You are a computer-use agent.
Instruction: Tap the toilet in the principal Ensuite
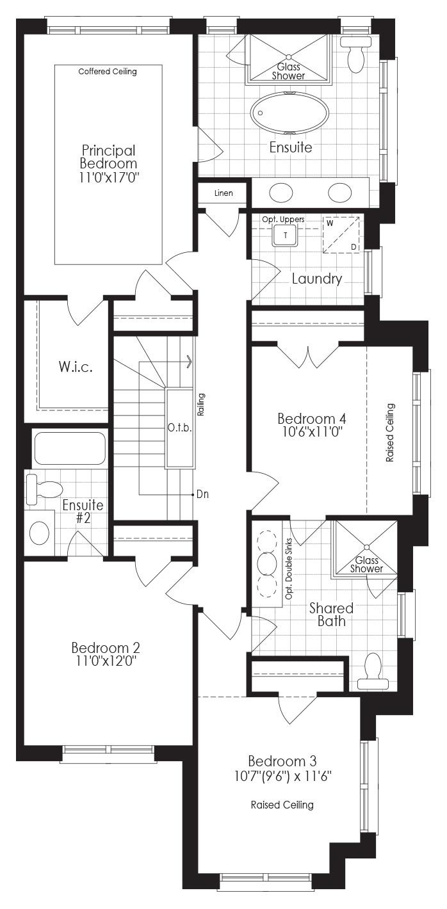tap(355, 54)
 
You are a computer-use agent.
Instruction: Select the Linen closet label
tap(224, 193)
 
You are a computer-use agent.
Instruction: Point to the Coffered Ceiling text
tap(108, 72)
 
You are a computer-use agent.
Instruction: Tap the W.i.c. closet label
tap(76, 367)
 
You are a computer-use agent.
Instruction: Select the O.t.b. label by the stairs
tap(179, 428)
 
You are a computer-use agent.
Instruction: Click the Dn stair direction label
tap(202, 494)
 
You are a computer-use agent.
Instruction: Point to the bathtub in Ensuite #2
tap(70, 448)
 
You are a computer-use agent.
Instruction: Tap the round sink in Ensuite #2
tap(39, 533)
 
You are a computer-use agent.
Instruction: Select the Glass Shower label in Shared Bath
tap(366, 565)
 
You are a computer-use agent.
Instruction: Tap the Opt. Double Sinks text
tap(289, 569)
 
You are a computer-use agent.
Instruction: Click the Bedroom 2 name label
tap(106, 647)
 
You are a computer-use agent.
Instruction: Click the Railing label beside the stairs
tap(200, 405)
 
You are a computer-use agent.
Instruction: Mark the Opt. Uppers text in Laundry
tap(283, 220)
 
